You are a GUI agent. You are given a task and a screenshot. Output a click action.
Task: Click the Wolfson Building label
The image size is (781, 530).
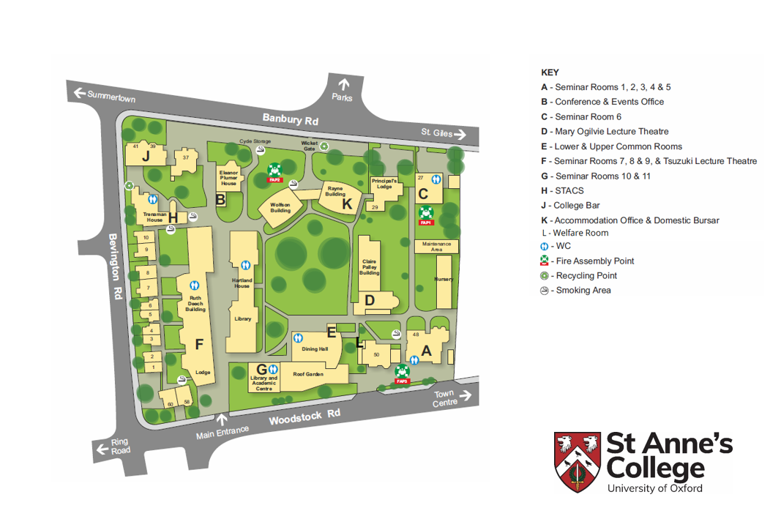coord(280,207)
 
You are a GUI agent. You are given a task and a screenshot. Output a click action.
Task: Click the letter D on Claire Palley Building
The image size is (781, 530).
coord(370,299)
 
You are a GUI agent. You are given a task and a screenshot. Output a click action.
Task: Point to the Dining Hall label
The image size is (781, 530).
coord(315,349)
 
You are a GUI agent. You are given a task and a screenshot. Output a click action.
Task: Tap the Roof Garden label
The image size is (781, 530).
coord(308,373)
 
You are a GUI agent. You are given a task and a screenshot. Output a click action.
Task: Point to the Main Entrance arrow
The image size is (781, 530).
coord(222,420)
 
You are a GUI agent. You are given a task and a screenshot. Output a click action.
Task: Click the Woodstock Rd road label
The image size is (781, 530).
coord(304,417)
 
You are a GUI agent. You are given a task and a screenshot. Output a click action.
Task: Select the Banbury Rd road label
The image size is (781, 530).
coord(291,119)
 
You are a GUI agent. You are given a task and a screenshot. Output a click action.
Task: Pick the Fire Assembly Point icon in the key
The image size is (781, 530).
coord(544,261)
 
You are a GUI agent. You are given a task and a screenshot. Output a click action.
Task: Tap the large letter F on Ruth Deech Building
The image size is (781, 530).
coord(198,344)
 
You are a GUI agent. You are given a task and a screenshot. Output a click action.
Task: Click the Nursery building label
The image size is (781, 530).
coord(444,280)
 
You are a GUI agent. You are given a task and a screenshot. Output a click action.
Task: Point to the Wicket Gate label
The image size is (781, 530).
coord(310,146)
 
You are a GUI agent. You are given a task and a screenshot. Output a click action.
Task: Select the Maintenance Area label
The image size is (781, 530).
coord(437,247)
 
